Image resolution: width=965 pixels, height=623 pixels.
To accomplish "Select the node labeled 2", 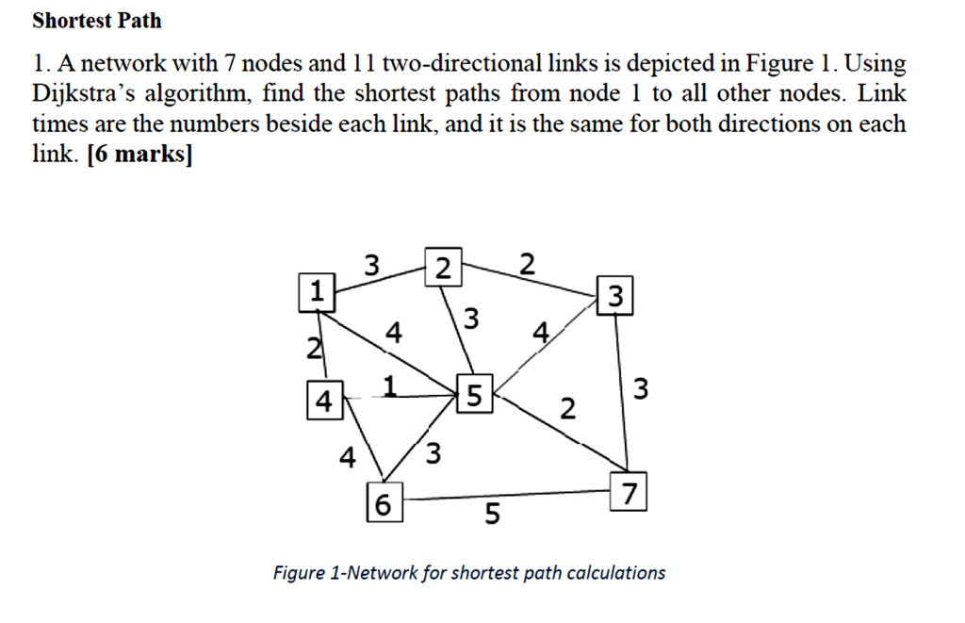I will pos(444,269).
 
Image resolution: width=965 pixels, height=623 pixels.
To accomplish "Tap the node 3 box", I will pos(615,298).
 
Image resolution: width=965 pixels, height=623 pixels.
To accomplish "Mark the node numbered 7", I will pos(630,493).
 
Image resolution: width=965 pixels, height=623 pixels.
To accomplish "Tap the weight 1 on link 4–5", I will pos(389,384).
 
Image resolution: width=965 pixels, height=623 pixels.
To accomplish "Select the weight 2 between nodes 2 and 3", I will pos(527,264).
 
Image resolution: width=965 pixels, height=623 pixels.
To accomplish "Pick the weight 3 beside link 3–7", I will pos(642,388).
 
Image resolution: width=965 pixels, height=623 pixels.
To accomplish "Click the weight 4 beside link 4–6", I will pos(348,459).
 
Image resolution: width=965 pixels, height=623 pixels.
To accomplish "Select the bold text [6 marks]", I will pos(138,154).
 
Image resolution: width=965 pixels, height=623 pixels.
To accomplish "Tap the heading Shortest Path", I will pos(97,20).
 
